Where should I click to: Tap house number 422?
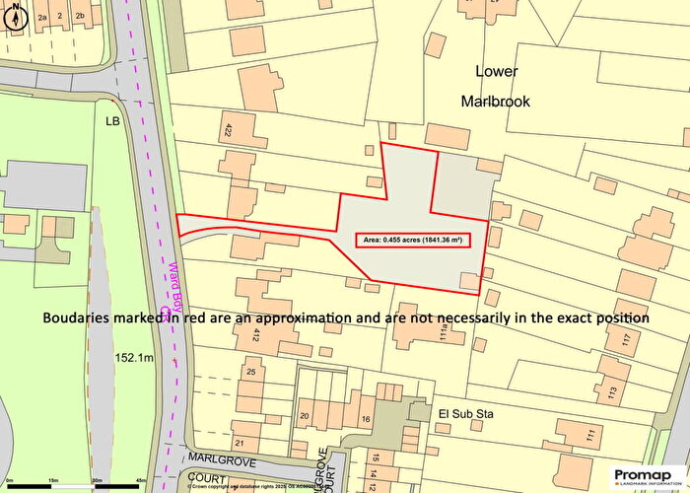click(x=228, y=128)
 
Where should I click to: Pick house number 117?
click(x=624, y=344)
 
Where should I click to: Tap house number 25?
click(x=251, y=372)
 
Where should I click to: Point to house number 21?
click(x=239, y=443)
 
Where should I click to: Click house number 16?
click(x=365, y=419)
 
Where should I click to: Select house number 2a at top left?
click(x=41, y=17)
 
